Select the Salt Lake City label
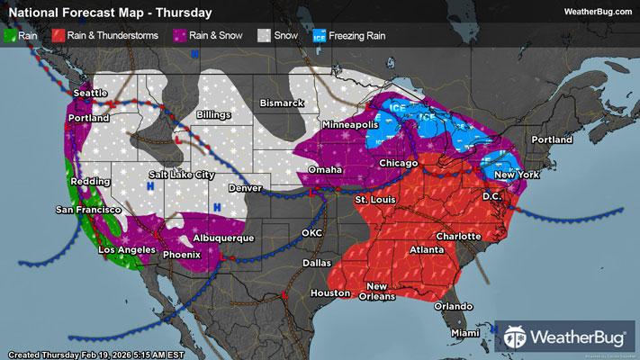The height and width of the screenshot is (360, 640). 182,174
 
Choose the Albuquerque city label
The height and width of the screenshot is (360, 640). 222,238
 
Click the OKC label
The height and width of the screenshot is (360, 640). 312,233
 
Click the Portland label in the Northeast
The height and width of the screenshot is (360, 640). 551,140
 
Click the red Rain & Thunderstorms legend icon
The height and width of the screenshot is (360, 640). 57,36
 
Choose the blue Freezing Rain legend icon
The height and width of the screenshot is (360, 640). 320,36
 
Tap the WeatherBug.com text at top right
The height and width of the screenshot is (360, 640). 597,12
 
